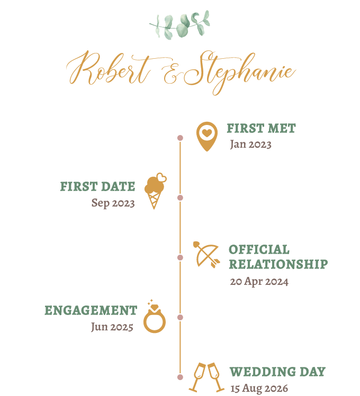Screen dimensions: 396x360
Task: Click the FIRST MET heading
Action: pos(261,128)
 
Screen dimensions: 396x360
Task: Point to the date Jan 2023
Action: pos(250,145)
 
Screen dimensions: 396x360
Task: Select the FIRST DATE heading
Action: pos(97,187)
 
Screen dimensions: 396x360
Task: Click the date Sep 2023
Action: pos(113,203)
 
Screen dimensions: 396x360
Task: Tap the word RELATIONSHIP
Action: pos(278,264)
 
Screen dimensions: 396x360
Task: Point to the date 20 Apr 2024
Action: pos(259,282)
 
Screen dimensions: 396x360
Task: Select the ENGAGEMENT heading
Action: pos(91,311)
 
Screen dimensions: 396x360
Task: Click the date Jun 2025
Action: pos(112,327)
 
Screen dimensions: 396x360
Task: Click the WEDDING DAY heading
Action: pos(277,372)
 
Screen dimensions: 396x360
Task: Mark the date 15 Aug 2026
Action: pos(259,389)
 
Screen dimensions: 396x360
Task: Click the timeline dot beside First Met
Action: pos(180,138)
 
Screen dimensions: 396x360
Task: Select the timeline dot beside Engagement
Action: pos(180,317)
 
